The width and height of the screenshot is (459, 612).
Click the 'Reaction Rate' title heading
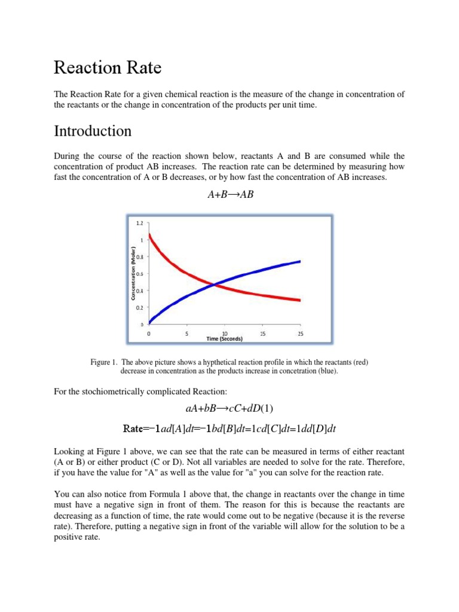click(108, 68)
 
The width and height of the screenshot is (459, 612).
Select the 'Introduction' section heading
click(93, 130)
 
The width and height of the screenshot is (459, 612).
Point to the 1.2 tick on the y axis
click(139, 223)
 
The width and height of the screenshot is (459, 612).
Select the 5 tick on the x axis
click(187, 334)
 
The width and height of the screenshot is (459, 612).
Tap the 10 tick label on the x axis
click(225, 334)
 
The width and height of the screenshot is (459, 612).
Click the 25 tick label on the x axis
click(300, 334)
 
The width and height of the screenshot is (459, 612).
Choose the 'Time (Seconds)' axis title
click(225, 339)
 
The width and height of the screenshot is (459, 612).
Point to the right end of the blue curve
click(299, 261)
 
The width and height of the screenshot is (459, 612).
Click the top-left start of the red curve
click(149, 234)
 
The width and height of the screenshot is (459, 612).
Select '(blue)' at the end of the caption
click(326, 371)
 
